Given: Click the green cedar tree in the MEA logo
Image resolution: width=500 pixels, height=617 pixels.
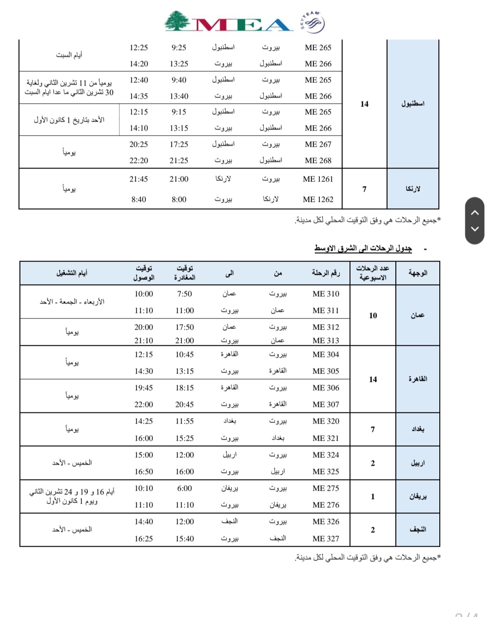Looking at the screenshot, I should pos(178,21).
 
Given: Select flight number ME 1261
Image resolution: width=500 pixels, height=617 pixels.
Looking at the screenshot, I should pos(318,179).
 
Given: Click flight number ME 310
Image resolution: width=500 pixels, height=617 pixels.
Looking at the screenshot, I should pos(325,294).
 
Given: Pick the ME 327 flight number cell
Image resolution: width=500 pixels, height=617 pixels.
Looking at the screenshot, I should pos(325,539).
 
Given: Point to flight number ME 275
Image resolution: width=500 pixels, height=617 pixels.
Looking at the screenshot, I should pos(325,488).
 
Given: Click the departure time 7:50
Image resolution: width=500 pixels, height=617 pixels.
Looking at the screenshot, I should pos(184,294).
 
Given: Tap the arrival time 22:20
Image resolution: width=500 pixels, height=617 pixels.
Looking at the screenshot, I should pos(138,161).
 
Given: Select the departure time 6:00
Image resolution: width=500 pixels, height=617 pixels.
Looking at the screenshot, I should pos(184,488).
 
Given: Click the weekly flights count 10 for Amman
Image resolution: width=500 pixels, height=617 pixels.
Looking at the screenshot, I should pos(373,316).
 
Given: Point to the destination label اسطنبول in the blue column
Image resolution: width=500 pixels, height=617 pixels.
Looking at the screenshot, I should pos(412,104).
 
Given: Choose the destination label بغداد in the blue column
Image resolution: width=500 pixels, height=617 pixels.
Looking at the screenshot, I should pos(418,429).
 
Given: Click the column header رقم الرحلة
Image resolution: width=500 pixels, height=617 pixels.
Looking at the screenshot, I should pos(325,273).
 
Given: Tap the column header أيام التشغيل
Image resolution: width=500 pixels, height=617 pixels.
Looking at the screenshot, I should pos(72,273).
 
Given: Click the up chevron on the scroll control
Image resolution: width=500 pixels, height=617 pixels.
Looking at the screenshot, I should pos(475,212).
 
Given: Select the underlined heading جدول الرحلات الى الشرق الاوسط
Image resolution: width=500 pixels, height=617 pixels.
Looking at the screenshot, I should pos(363,249).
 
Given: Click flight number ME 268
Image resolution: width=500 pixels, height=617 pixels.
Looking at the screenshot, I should pos(318,161).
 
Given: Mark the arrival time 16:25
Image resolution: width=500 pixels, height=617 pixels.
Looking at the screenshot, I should pos(144,539).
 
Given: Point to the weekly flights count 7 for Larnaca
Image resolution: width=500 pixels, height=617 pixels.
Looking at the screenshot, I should pos(364,189).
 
